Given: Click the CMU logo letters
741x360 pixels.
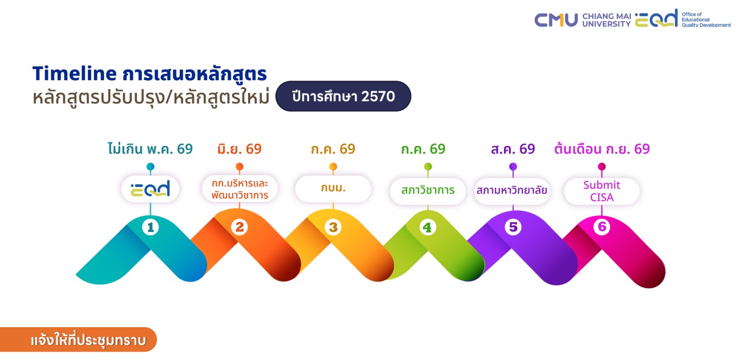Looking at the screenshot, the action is point(556,20).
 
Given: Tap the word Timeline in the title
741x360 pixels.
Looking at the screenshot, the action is point(75,73).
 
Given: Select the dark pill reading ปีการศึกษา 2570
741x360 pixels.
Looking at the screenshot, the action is point(343,96).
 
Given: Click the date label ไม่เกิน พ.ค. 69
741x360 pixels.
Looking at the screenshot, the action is point(150,149).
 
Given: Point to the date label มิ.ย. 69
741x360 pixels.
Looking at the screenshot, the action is point(240,149).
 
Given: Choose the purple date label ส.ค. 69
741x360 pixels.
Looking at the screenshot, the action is point(513,149).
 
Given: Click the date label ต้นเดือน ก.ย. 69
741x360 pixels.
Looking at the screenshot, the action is point(602,149).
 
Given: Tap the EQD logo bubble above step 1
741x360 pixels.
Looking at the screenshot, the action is point(150,189).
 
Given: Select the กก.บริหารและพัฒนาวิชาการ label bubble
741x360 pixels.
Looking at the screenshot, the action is point(240,189).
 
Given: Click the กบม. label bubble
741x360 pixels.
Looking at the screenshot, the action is point(333,189).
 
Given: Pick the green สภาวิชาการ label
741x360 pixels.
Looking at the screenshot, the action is point(428,190).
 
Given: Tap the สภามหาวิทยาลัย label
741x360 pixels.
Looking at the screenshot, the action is point(512,190).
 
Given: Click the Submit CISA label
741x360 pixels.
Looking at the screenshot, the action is point(602,191).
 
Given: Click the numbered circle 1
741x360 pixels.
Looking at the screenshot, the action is point(151,228).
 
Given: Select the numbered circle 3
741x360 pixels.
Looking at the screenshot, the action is point(333,228).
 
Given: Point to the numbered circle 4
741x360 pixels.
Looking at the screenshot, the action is point(428,228).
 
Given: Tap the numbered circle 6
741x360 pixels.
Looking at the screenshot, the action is point(602,227).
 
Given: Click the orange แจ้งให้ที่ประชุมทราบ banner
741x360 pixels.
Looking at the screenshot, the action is point(78,339).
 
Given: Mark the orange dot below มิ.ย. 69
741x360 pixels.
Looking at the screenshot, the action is point(240,166).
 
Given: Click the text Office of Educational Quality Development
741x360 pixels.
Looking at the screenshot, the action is point(706,20).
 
